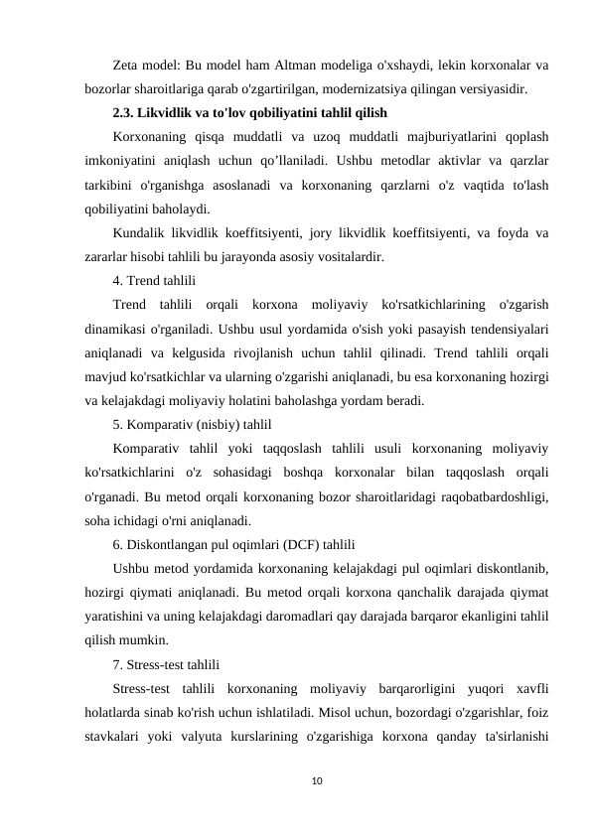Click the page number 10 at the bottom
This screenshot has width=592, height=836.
[x=318, y=783]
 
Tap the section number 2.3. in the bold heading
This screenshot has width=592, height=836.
[x=129, y=112]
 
